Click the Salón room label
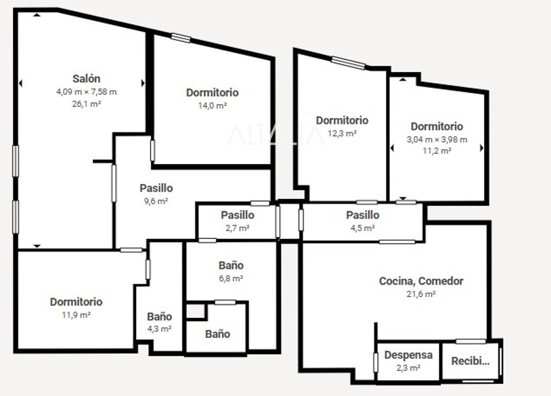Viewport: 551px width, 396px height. (86, 79)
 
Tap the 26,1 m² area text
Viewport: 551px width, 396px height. (86, 104)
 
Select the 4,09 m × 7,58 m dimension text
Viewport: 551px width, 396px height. (86, 92)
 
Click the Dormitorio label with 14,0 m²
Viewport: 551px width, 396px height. (212, 93)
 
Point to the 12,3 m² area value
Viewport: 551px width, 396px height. (342, 133)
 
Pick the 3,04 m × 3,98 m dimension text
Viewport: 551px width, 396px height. (437, 140)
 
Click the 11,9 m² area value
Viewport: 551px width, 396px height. (76, 315)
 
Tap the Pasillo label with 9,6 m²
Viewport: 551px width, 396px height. (156, 188)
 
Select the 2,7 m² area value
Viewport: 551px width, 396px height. (237, 228)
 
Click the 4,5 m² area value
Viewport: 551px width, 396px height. (363, 228)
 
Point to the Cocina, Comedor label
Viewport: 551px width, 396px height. (421, 281)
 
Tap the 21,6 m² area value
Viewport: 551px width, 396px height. (421, 294)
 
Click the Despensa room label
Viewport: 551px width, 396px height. (408, 355)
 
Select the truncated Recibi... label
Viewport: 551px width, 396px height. (470, 361)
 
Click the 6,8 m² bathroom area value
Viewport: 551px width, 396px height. (231, 278)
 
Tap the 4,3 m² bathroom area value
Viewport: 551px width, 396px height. (159, 329)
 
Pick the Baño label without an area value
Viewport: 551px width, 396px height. (218, 334)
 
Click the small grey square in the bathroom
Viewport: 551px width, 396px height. (196, 311)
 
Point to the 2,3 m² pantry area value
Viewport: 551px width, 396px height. (408, 368)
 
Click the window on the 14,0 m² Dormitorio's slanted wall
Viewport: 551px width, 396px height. (181, 38)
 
